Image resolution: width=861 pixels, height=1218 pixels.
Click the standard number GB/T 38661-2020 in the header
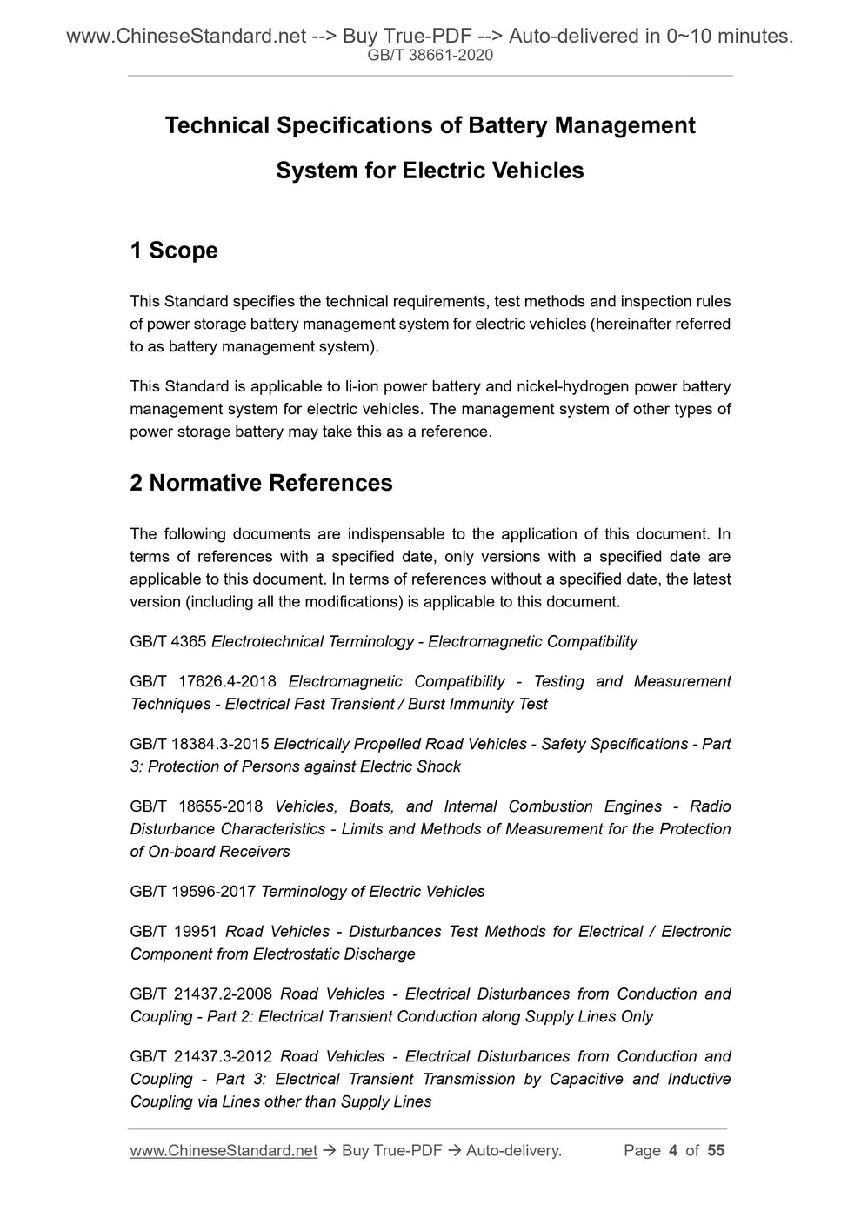[x=430, y=56]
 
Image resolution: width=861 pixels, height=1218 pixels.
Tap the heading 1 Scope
[x=174, y=251]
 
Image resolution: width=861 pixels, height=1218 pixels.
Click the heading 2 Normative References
[x=261, y=483]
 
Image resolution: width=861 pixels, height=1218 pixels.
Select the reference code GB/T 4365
[x=168, y=642]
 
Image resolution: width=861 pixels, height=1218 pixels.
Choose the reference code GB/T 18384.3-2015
[x=199, y=745]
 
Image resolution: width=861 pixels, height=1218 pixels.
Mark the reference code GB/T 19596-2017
[x=193, y=892]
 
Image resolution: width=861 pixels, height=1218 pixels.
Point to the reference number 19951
[x=196, y=932]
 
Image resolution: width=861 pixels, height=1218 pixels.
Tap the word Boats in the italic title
[x=371, y=807]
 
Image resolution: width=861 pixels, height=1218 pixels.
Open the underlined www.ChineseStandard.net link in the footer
[x=224, y=1151]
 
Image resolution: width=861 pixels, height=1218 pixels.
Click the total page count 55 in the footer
[x=715, y=1151]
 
